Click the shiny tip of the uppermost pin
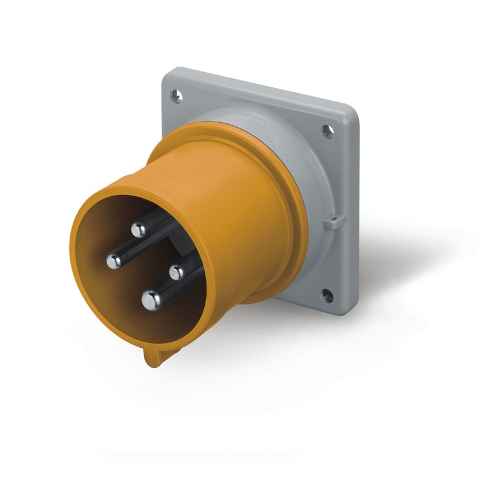pos(139,230)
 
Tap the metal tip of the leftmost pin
pos(114,262)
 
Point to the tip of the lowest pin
pos(150,300)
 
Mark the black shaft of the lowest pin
pos(174,287)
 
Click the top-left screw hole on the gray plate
pos(177,95)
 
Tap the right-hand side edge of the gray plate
pos(353,214)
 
